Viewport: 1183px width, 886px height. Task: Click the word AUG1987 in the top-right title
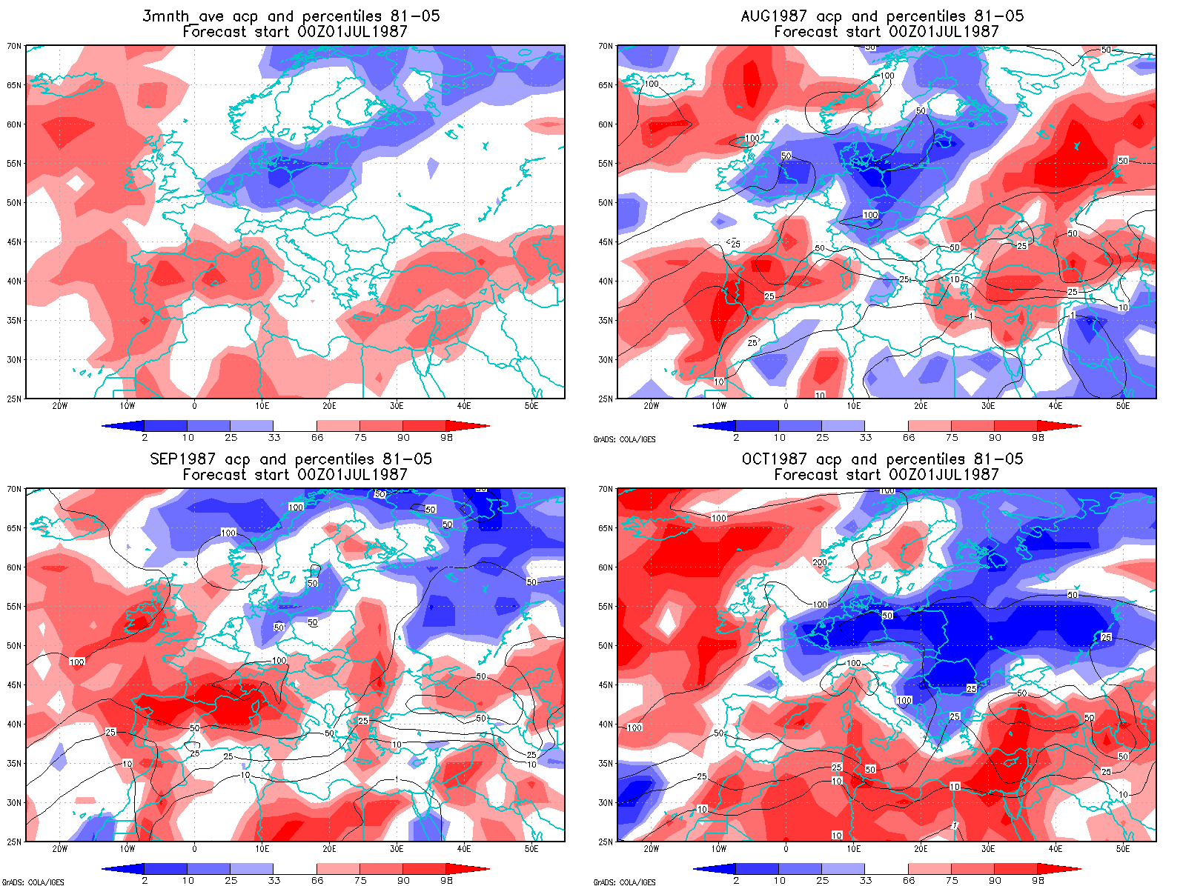click(778, 16)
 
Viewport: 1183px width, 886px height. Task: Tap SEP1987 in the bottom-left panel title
click(182, 459)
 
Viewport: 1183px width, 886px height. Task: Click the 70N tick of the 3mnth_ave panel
click(14, 46)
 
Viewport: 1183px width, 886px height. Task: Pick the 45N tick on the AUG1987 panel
click(606, 242)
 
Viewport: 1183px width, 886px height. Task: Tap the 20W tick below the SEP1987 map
click(60, 849)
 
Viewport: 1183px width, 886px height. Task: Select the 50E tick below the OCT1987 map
click(1122, 849)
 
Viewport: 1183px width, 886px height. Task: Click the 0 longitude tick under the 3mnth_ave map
click(194, 406)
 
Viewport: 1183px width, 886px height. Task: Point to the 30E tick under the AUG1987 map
click(987, 406)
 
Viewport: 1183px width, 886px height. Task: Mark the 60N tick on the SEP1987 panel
click(14, 567)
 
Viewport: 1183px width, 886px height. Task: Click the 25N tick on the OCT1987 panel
click(606, 842)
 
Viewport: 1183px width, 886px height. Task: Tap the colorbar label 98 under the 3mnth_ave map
click(446, 438)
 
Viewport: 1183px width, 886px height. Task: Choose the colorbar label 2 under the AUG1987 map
click(736, 438)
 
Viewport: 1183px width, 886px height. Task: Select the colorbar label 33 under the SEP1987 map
click(274, 881)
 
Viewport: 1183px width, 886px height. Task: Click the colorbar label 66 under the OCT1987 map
click(909, 881)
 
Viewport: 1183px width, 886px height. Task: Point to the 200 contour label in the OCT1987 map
click(819, 562)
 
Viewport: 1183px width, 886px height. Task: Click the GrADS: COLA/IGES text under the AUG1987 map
click(624, 439)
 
